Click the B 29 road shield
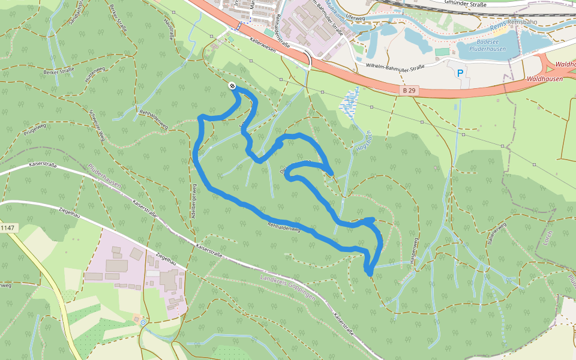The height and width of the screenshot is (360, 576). click(x=409, y=90)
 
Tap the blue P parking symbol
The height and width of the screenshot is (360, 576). click(x=460, y=73)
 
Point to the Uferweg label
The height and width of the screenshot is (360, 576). click(x=356, y=18)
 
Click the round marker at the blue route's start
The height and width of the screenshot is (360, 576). click(x=232, y=86)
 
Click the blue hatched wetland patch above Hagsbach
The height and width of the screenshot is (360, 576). click(x=350, y=102)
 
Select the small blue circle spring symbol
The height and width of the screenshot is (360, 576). click(x=143, y=322)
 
